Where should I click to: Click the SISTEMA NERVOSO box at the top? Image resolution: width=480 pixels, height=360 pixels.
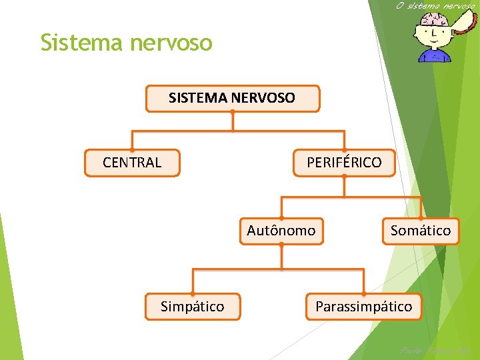coord(232,99)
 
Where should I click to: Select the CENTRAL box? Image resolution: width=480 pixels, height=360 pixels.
coord(132,163)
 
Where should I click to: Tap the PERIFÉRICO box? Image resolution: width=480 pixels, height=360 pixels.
coord(344,163)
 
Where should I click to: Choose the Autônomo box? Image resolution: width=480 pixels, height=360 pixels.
coord(281,231)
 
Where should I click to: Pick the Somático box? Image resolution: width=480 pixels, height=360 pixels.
coord(420,231)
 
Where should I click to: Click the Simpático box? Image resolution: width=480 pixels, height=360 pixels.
coord(192,307)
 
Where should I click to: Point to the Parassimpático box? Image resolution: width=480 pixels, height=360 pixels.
coord(363,307)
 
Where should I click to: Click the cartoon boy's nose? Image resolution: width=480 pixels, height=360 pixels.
coord(434,32)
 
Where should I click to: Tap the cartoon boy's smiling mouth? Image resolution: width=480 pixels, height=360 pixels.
coord(434,41)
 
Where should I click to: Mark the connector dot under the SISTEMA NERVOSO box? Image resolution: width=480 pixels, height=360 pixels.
coord(232,111)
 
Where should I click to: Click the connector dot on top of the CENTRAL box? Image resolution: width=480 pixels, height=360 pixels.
coord(132,149)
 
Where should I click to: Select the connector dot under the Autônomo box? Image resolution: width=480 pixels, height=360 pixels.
coord(281,245)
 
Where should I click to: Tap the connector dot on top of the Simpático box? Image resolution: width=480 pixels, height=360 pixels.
coord(192,293)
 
